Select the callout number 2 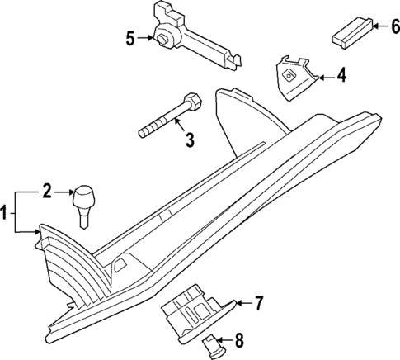click(47, 192)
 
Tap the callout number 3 click(189, 140)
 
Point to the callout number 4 click(341, 77)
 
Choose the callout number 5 click(129, 37)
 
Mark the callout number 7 click(257, 304)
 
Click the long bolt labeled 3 click(169, 119)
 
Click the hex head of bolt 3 click(192, 103)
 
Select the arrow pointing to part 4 click(326, 77)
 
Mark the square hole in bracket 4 click(289, 74)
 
